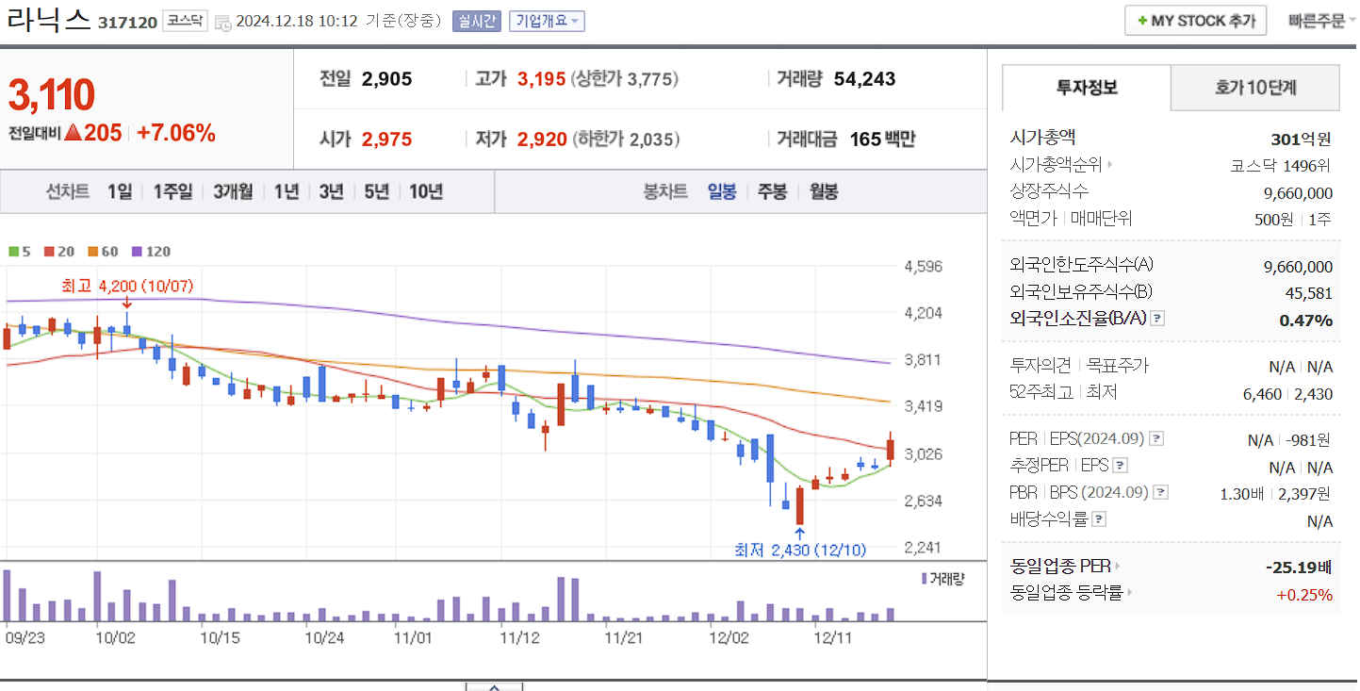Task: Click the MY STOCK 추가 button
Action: (1195, 21)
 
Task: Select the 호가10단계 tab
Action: (1254, 88)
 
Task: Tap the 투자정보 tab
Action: (1087, 88)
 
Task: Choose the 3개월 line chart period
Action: (233, 191)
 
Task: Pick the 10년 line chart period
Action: (426, 191)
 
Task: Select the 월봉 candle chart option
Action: (823, 191)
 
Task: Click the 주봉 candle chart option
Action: (772, 191)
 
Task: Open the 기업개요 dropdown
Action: (547, 21)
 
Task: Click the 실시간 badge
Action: (476, 21)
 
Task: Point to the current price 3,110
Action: (52, 95)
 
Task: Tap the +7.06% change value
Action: (176, 133)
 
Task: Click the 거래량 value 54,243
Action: (864, 79)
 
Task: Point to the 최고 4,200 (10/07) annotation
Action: (127, 286)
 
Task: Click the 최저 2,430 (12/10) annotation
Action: (800, 551)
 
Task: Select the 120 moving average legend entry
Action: (152, 252)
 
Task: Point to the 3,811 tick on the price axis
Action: (923, 359)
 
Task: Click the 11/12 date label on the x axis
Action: (519, 637)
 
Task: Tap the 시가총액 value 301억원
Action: (1301, 140)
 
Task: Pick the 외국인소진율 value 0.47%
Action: (1305, 321)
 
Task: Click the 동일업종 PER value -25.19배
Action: (1299, 568)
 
